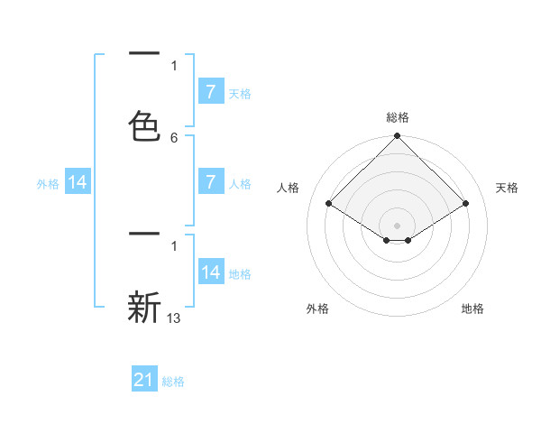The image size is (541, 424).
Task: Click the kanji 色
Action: (144, 126)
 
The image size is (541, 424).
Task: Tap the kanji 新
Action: (144, 308)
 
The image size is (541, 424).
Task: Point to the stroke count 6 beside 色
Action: (174, 137)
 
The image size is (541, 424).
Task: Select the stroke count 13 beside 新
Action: (174, 318)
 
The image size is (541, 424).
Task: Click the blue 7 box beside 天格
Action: (210, 92)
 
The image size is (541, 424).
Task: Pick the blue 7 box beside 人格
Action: (210, 182)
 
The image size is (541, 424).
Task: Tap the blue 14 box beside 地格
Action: (210, 272)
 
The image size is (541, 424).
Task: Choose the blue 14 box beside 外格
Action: (77, 182)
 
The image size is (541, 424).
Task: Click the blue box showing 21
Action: (143, 380)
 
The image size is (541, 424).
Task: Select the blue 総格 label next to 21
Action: (173, 382)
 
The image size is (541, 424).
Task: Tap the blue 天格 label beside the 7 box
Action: (240, 93)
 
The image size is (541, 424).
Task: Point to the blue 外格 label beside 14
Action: (48, 183)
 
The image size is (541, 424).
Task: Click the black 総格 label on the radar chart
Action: (398, 117)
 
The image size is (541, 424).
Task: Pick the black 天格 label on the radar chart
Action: (507, 188)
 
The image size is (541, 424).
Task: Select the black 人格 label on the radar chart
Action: (289, 188)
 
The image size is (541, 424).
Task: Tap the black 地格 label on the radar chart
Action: (472, 309)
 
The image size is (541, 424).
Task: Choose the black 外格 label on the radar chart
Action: (317, 309)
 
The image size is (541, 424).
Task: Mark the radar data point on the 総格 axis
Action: (398, 137)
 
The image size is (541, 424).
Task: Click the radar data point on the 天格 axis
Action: (466, 204)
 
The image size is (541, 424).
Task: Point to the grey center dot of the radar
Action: (398, 226)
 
